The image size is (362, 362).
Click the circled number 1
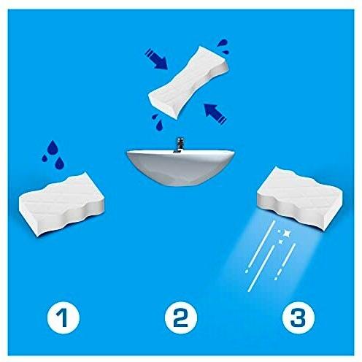[x=63, y=317]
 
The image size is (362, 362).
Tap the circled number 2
[x=181, y=317]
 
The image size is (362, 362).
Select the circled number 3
[x=299, y=317]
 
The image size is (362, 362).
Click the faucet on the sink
[x=180, y=145]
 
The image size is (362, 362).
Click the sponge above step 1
[x=62, y=204]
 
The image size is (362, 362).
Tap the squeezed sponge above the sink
[x=189, y=82]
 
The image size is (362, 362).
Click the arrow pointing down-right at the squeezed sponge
[x=156, y=59]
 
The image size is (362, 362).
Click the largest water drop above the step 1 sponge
[x=53, y=147]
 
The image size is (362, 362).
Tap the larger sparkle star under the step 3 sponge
[x=286, y=234]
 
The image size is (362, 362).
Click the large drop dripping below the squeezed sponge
[x=160, y=126]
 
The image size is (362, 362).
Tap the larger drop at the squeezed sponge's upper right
[x=223, y=43]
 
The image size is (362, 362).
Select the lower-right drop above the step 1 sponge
[x=59, y=163]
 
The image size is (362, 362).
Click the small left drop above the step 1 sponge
[x=45, y=158]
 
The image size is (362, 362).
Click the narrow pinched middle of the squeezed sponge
[x=189, y=82]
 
